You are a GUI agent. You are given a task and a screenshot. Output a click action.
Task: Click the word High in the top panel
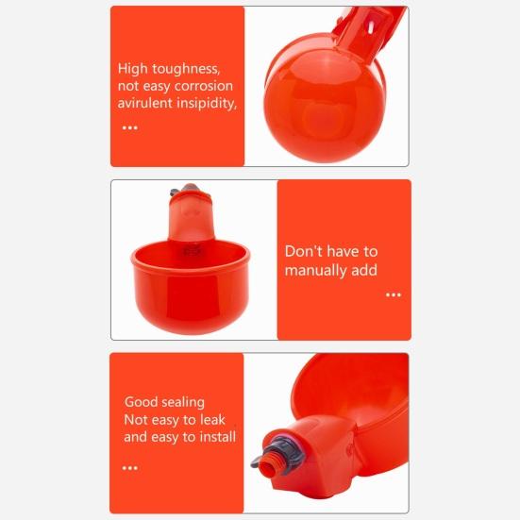(x=134, y=69)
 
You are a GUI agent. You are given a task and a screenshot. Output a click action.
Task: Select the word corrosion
(x=197, y=86)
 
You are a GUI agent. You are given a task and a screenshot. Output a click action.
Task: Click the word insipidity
(x=206, y=103)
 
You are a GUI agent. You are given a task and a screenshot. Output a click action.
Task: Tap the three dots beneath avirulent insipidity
(x=129, y=127)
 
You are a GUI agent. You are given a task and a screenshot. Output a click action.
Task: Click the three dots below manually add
(x=394, y=295)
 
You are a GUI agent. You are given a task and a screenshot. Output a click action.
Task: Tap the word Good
(x=142, y=402)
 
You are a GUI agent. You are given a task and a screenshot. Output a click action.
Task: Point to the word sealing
(x=184, y=403)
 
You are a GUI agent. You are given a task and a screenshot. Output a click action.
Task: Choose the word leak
(x=211, y=420)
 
